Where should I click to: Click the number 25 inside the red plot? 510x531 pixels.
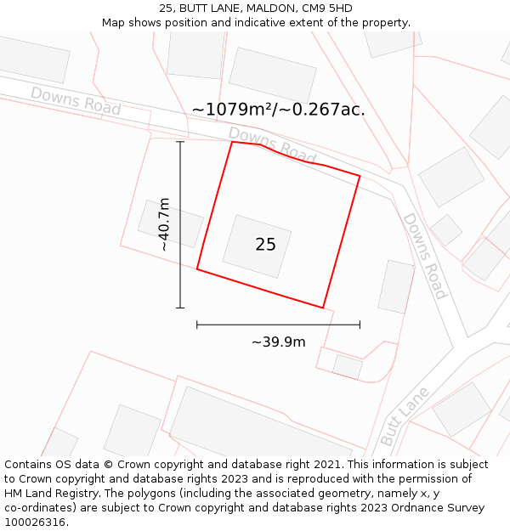[265, 245]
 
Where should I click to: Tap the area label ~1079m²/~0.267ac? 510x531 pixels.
[278, 110]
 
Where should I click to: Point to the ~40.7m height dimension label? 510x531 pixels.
[164, 224]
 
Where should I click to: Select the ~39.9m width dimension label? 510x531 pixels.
[278, 342]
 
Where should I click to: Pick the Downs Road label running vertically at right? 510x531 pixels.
[424, 256]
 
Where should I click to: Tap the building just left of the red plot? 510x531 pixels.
[170, 223]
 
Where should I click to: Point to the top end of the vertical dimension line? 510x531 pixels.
[180, 142]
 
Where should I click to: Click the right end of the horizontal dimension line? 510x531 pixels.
[360, 325]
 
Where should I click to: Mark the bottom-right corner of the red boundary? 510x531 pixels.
[323, 308]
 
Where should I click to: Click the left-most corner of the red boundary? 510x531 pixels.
[197, 269]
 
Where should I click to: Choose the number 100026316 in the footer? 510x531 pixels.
[35, 522]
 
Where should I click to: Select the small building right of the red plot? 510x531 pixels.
[396, 286]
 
